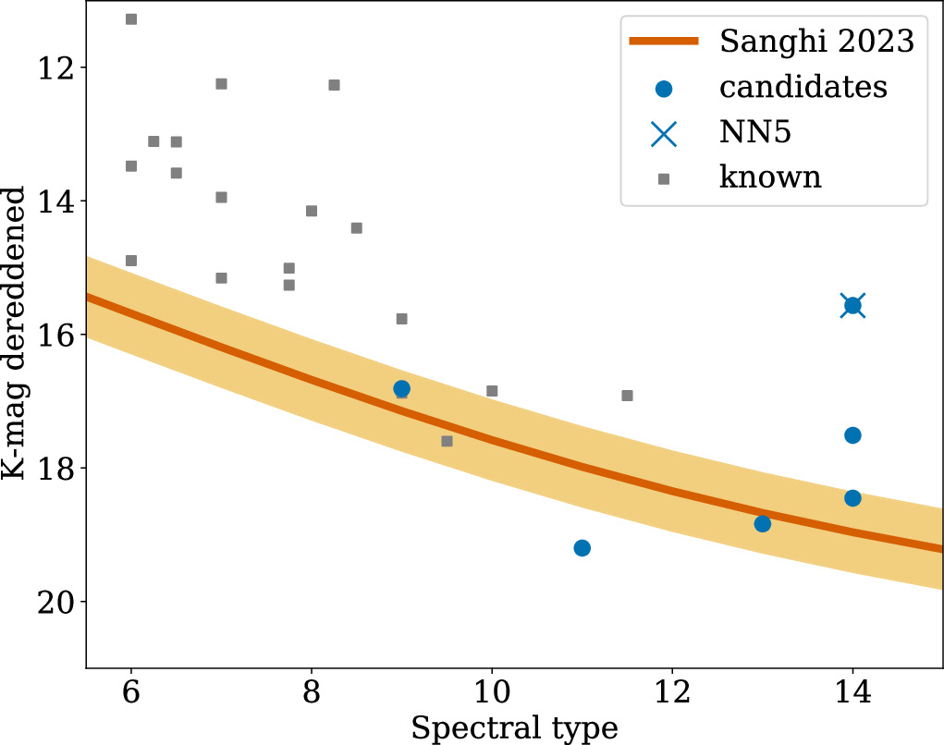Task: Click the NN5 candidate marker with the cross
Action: click(x=852, y=306)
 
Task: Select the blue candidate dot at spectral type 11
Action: click(x=582, y=548)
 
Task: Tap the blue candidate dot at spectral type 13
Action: click(x=762, y=524)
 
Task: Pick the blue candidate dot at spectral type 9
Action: click(x=401, y=388)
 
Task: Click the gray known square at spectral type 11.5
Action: click(x=627, y=396)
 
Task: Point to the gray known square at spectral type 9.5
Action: click(x=447, y=441)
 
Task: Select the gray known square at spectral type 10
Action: click(x=492, y=391)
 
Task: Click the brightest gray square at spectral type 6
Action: click(x=131, y=19)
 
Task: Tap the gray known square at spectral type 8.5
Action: click(x=356, y=228)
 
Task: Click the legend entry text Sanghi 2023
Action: click(x=816, y=43)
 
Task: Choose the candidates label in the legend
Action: click(x=803, y=87)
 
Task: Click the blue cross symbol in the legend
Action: click(x=664, y=132)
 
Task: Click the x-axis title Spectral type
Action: click(x=514, y=727)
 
